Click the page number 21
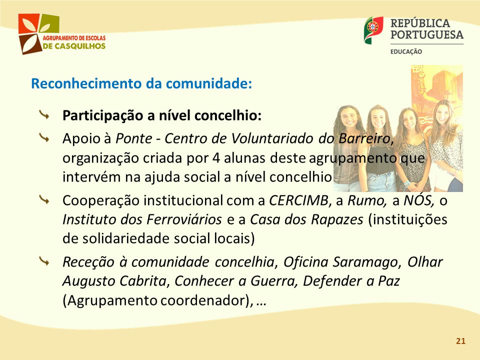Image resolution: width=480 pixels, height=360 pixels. click(460, 341)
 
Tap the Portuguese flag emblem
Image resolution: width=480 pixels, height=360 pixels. click(373, 30)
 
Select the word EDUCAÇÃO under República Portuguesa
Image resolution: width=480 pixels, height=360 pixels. click(406, 51)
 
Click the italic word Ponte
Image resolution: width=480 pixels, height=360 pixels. click(134, 138)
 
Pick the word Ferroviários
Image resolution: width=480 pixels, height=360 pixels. click(184, 219)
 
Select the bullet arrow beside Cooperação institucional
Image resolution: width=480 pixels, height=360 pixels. click(44, 200)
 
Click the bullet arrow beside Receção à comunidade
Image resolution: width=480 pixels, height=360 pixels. click(44, 261)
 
